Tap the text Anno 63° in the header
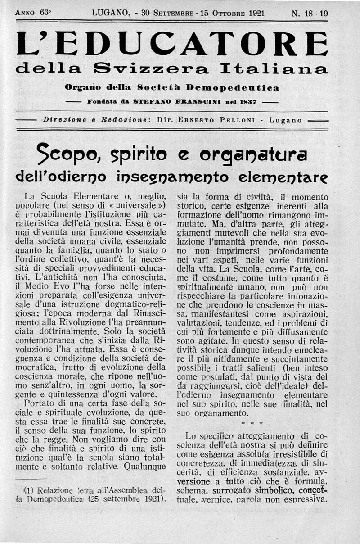point(32,13)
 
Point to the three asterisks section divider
point(248,424)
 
